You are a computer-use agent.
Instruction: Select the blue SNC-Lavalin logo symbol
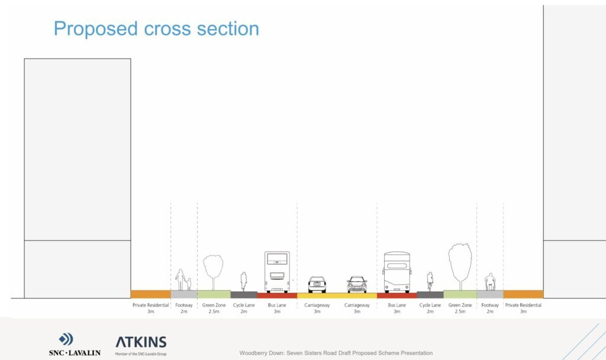[66, 339]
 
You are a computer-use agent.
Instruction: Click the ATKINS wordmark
[141, 342]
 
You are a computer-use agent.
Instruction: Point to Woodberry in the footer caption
[256, 353]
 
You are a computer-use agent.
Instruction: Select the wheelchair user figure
[489, 282]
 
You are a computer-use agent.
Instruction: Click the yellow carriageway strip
[337, 295]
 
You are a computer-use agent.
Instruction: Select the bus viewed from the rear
[277, 272]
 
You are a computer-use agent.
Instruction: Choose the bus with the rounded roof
[397, 272]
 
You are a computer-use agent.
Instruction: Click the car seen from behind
[317, 285]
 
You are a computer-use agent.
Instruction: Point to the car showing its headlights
[357, 285]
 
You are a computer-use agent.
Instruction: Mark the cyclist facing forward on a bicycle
[430, 282]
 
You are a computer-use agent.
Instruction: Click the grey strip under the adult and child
[183, 294]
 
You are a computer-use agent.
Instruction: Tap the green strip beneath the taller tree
[460, 294]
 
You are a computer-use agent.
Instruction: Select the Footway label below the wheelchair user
[489, 306]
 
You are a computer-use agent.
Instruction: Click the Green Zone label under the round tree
[213, 306]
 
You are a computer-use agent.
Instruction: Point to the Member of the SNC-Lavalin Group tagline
[141, 353]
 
